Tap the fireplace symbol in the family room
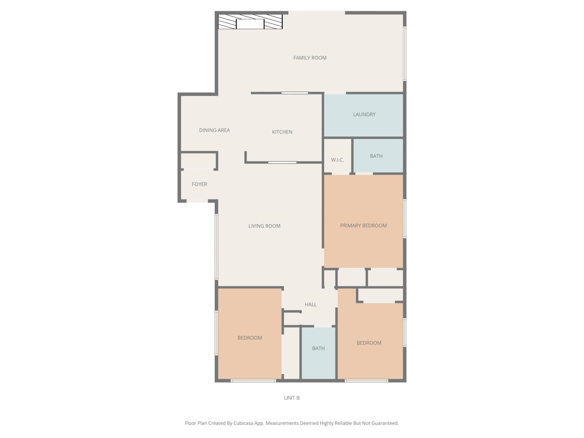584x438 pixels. [250, 22]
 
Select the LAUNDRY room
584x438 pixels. [364, 115]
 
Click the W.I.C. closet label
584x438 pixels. [337, 160]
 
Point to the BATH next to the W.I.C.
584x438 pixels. [376, 156]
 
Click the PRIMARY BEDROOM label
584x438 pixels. [363, 225]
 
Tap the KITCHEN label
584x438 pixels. [282, 132]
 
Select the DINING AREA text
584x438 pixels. [214, 130]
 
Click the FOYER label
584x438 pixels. [199, 184]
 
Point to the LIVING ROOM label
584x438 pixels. [264, 226]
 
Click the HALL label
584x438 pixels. [310, 304]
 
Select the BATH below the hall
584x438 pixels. [318, 348]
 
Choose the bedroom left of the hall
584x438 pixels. [249, 338]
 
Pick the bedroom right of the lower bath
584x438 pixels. [369, 343]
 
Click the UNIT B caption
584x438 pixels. [292, 398]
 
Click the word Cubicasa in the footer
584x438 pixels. [243, 423]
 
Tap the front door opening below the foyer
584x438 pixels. [197, 201]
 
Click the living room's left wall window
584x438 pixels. [217, 247]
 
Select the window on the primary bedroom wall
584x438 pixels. [405, 219]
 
